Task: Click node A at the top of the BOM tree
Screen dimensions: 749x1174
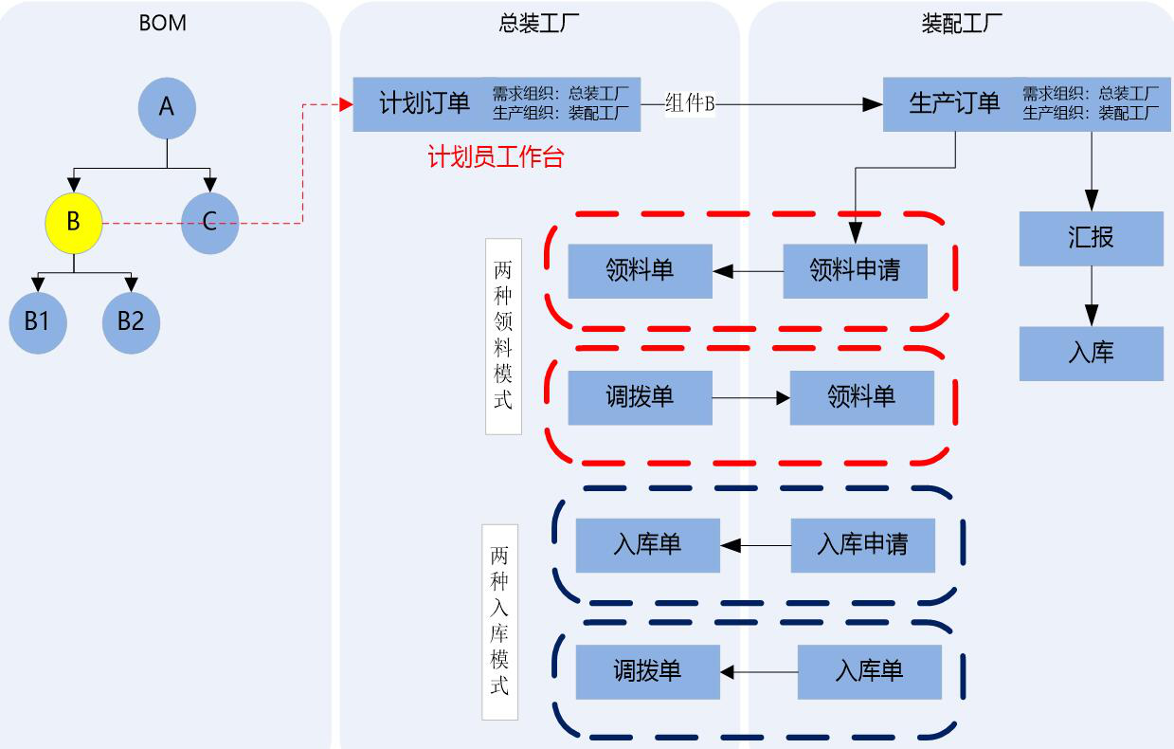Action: coord(167,107)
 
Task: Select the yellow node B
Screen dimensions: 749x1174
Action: coord(73,223)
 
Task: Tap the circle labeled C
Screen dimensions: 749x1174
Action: coord(209,223)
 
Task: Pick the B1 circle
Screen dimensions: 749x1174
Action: coord(37,321)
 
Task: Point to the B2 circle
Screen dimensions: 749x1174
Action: coord(131,321)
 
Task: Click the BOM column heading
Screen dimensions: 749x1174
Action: coord(163,23)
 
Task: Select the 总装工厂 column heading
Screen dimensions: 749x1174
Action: coord(539,23)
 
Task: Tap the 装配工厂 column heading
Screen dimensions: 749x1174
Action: coord(962,23)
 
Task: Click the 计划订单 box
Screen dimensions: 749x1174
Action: coord(424,103)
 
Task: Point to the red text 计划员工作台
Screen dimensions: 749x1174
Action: coord(496,157)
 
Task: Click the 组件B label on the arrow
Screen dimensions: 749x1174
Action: coord(690,103)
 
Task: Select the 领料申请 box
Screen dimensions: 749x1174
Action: coord(855,271)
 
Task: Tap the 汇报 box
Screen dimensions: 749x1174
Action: coord(1092,238)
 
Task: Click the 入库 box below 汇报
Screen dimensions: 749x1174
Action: coord(1092,354)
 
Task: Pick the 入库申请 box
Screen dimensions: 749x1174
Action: coord(862,545)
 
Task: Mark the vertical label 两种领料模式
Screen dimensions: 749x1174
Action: coord(503,335)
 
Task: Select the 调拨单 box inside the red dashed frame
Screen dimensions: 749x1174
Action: coord(640,397)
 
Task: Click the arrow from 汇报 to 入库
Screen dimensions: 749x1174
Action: coord(1092,296)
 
